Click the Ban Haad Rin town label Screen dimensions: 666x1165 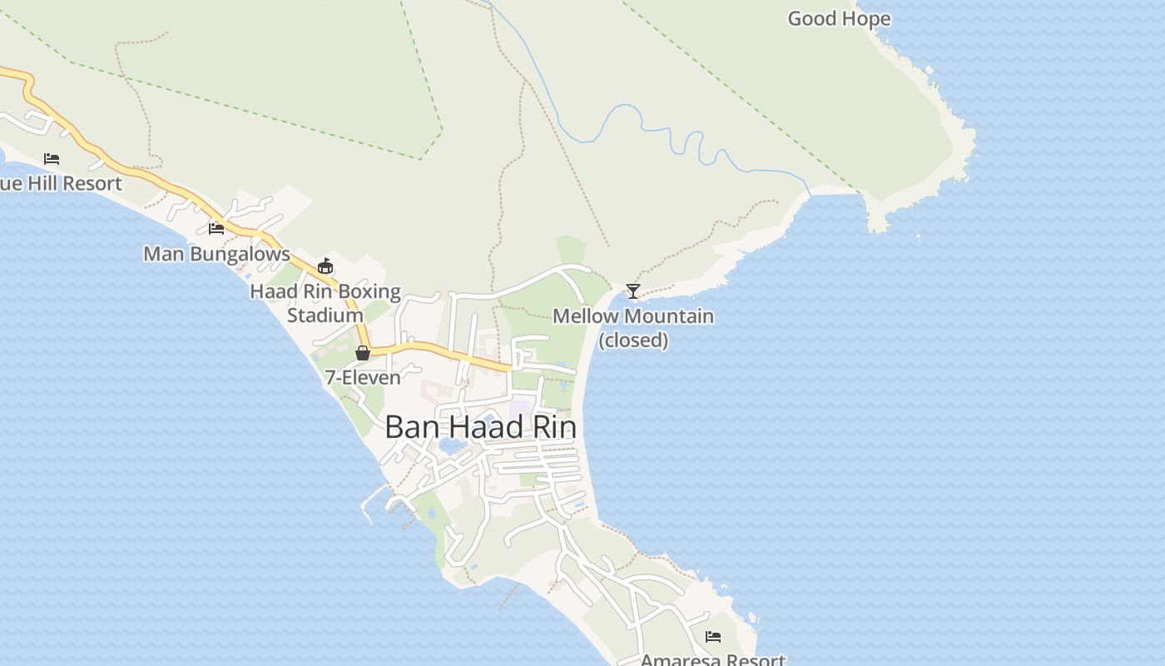(480, 427)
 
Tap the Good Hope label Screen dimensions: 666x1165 (839, 18)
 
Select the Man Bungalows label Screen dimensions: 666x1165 (216, 253)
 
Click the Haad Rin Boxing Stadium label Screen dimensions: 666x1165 (325, 303)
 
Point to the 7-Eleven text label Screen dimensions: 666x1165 (363, 377)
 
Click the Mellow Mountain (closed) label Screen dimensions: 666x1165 (633, 327)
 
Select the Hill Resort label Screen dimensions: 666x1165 (62, 183)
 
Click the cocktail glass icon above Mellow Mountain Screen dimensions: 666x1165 (633, 291)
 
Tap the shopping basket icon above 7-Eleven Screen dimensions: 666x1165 (363, 353)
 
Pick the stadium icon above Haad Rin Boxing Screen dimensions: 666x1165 (325, 266)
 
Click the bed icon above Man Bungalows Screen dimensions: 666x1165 (216, 228)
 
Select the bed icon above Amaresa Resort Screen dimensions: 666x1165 (713, 637)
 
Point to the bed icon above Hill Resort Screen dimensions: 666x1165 (52, 158)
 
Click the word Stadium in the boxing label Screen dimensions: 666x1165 (325, 316)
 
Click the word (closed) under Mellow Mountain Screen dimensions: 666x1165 (633, 340)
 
